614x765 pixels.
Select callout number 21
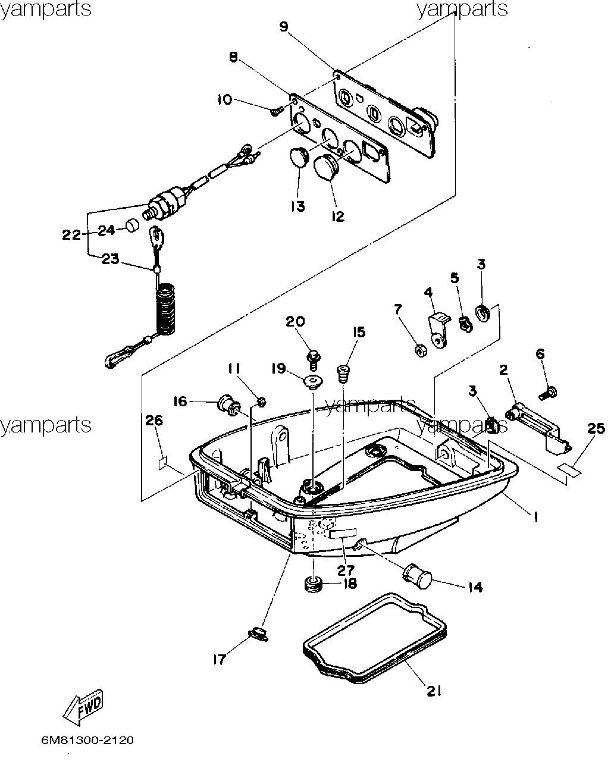coord(434,691)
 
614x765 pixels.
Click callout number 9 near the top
coord(284,27)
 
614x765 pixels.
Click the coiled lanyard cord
coord(165,309)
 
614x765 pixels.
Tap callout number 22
coord(71,234)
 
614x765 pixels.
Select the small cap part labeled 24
coord(133,225)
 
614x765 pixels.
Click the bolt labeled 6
coord(548,393)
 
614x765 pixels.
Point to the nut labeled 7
coord(421,351)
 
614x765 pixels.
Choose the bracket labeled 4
coord(438,330)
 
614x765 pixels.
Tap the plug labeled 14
coord(416,576)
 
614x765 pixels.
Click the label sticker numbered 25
coord(570,469)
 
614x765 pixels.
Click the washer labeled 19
coord(313,382)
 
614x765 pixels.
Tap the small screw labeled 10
coord(276,111)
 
